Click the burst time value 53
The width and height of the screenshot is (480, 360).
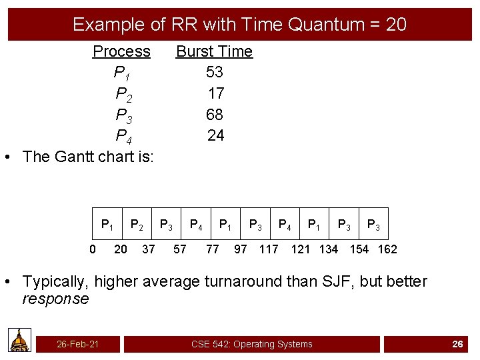[x=214, y=72]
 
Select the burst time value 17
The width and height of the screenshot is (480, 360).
[x=215, y=93]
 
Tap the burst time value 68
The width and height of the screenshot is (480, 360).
[x=214, y=115]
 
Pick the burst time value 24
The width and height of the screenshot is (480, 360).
[x=215, y=136]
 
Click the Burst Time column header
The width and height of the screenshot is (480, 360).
[x=214, y=51]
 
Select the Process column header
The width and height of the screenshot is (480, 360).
[x=121, y=51]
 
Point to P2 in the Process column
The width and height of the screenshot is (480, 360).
[x=123, y=94]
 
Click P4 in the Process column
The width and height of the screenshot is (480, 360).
[x=123, y=137]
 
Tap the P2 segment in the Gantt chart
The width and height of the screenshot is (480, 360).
[x=137, y=225]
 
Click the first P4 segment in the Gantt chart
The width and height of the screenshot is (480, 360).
[x=196, y=225]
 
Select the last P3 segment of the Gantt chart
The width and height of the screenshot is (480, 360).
[x=373, y=225]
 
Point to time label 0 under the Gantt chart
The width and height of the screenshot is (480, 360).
[x=93, y=249]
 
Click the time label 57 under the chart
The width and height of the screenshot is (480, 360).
[x=179, y=249]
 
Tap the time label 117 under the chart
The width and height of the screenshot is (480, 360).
[x=269, y=249]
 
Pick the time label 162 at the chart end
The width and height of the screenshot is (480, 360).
[x=387, y=249]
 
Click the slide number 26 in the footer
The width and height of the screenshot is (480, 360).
[x=457, y=344]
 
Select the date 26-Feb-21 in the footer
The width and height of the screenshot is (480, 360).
[x=78, y=344]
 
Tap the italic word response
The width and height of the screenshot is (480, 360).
[x=55, y=299]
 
